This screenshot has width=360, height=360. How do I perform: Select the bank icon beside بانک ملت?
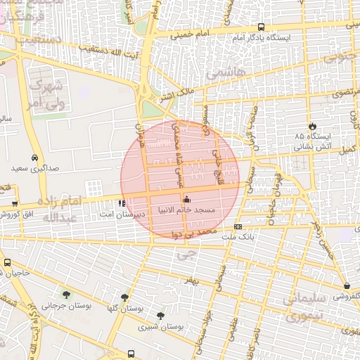pyautogui.click(x=238, y=226)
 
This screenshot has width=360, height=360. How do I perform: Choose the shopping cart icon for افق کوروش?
pyautogui.click(x=15, y=204)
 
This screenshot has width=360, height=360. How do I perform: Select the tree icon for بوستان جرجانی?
pyautogui.click(x=66, y=295)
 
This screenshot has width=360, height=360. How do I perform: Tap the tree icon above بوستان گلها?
pyautogui.click(x=125, y=298)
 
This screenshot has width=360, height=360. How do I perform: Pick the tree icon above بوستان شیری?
pyautogui.click(x=161, y=316)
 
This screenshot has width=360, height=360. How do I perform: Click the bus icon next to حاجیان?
pyautogui.click(x=7, y=262)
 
